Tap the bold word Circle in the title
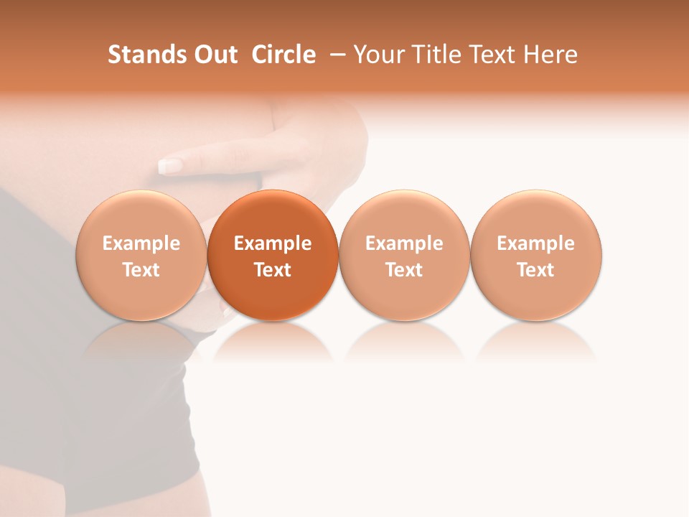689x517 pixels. coord(283,55)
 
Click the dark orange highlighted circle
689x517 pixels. coord(273,255)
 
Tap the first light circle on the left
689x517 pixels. coord(141,255)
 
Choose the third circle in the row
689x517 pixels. coord(404,255)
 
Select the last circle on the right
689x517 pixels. coord(536,255)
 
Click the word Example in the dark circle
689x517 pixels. coord(273,243)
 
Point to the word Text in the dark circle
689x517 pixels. coord(273,270)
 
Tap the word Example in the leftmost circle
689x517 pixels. coord(141,243)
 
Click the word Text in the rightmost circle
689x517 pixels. coord(536,270)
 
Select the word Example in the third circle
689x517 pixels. coord(404,243)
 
